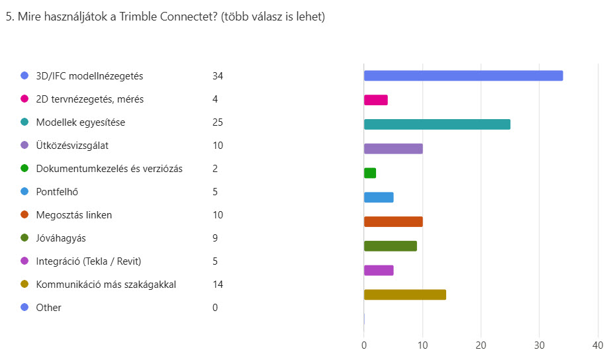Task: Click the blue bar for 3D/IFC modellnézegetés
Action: pyautogui.click(x=463, y=75)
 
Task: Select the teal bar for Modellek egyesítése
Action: pyautogui.click(x=437, y=124)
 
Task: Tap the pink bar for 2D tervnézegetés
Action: pyautogui.click(x=376, y=100)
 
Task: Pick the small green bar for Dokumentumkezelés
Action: pyautogui.click(x=370, y=173)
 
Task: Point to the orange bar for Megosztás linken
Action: pyautogui.click(x=393, y=222)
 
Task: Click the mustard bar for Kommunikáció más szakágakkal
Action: pyautogui.click(x=405, y=294)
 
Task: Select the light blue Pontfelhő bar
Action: pyautogui.click(x=379, y=197)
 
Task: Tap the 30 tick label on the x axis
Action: pyautogui.click(x=540, y=345)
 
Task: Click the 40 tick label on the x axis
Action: pyautogui.click(x=598, y=345)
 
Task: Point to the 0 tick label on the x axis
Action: pyautogui.click(x=364, y=345)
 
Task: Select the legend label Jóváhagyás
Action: pyautogui.click(x=61, y=238)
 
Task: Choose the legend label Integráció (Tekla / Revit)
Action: pyautogui.click(x=89, y=261)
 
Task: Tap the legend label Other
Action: pyautogui.click(x=48, y=308)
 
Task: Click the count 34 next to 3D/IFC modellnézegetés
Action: pyautogui.click(x=218, y=76)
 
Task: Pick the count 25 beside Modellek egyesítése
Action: pyautogui.click(x=218, y=122)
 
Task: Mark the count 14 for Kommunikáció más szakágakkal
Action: pyautogui.click(x=218, y=285)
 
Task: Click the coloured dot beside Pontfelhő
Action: pyautogui.click(x=24, y=192)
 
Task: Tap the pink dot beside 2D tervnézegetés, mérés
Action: pyautogui.click(x=24, y=99)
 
